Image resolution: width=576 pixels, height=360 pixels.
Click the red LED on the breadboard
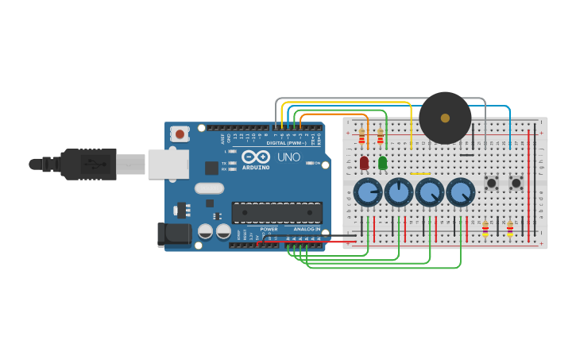(364, 163)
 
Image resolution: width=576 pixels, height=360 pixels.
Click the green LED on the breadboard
(382, 163)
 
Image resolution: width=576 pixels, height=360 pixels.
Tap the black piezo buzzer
(445, 118)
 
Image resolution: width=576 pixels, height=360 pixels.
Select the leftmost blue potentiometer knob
(368, 192)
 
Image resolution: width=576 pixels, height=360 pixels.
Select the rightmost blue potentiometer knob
(460, 192)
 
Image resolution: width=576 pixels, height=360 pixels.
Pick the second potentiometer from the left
(399, 192)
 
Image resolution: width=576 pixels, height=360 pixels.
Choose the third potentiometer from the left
(429, 192)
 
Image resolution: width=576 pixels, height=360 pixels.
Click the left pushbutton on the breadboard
(491, 184)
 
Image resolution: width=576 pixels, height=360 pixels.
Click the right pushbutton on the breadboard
(516, 184)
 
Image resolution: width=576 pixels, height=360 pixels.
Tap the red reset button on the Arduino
(180, 134)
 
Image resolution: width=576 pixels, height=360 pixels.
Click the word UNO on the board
(288, 157)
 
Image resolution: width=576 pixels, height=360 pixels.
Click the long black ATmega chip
(276, 212)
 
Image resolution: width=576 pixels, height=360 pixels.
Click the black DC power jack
(174, 234)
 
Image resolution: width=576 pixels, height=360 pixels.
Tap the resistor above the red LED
(361, 138)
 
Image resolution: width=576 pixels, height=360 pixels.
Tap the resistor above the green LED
(380, 138)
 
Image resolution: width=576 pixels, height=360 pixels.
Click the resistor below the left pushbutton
(485, 229)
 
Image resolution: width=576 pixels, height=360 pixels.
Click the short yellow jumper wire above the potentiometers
(420, 173)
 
